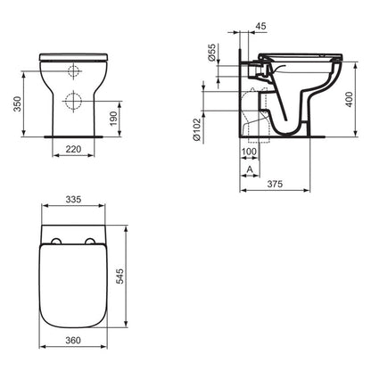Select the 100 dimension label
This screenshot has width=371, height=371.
[249, 153]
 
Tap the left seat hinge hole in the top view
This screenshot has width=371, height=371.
[56, 243]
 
